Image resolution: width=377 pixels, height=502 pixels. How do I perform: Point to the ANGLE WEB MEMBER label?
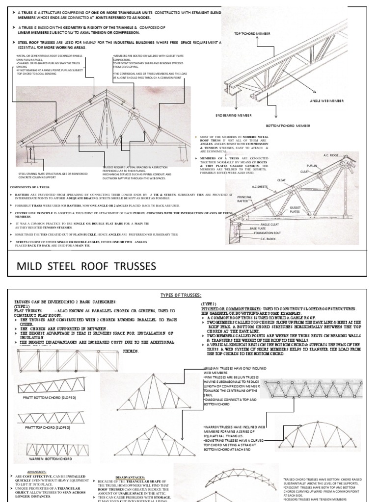(x=327, y=101)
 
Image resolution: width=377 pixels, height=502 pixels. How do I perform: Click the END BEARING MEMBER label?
(x=233, y=116)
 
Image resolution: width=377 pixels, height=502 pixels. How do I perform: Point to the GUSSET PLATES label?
(x=295, y=210)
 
